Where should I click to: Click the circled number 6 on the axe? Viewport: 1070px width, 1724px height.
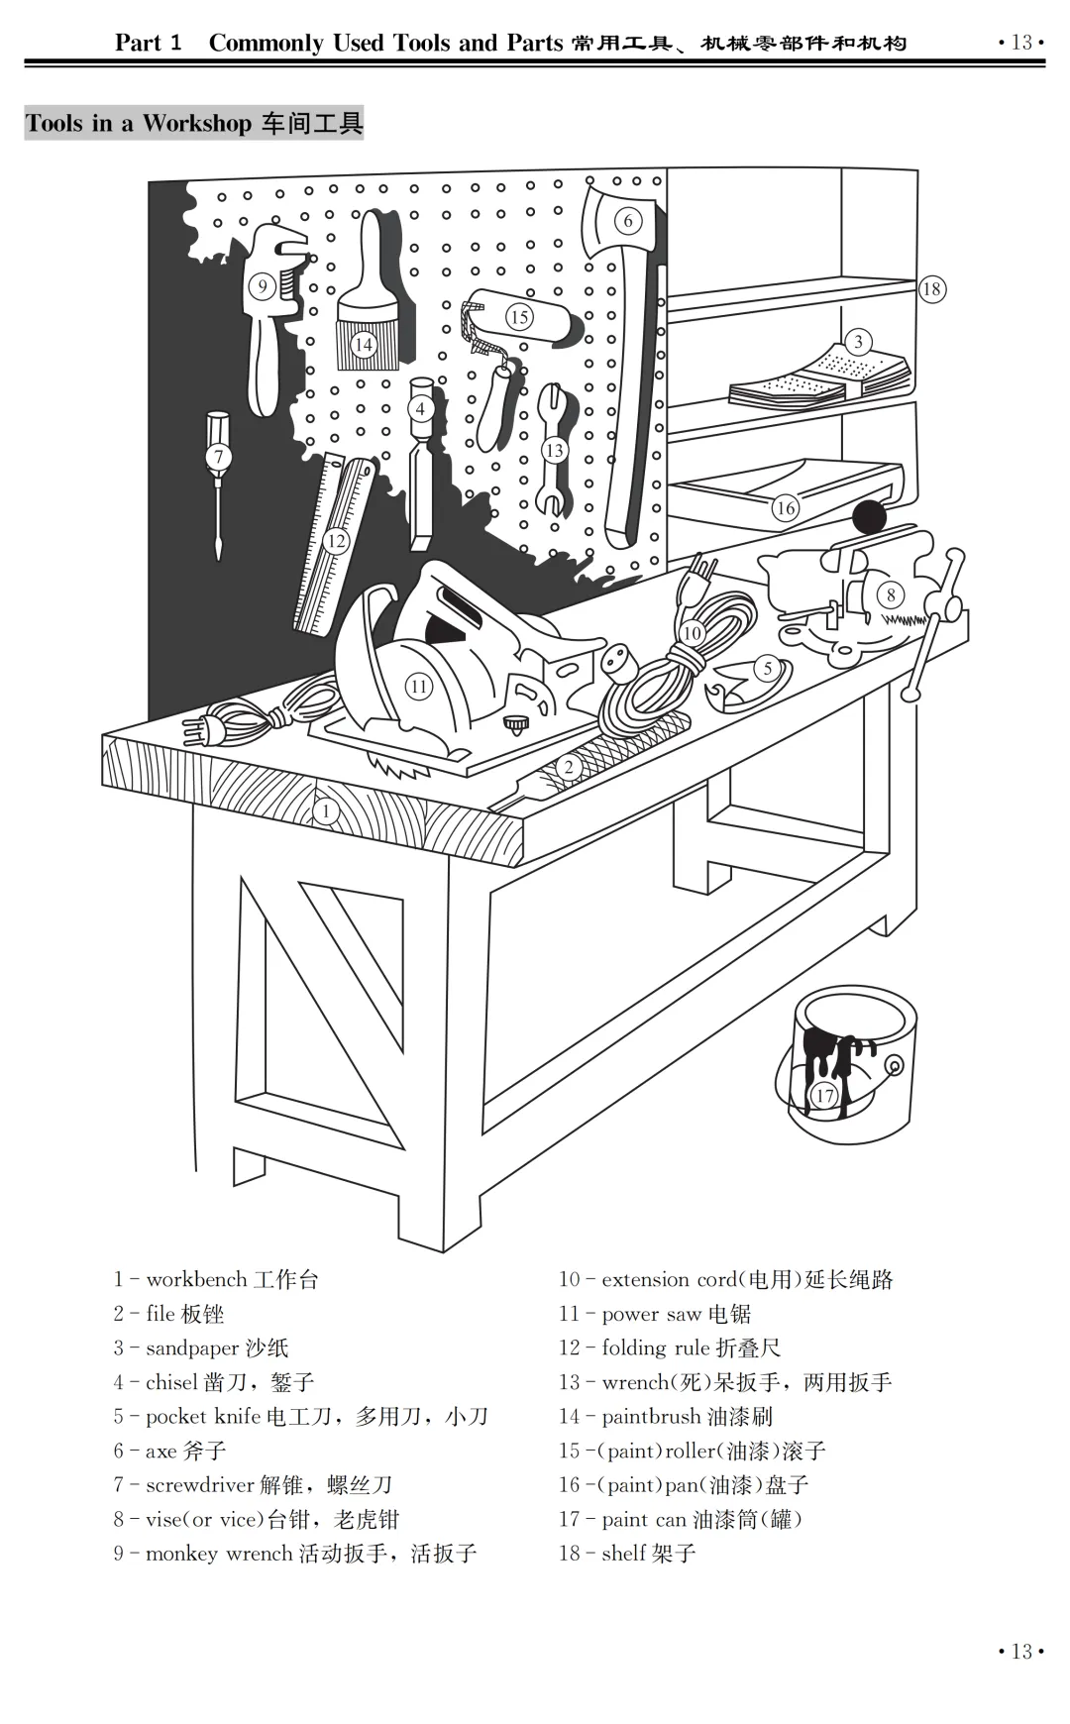coord(627,221)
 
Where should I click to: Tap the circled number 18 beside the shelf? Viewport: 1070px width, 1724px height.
coord(931,289)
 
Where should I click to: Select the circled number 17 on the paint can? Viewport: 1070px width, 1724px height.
coord(824,1095)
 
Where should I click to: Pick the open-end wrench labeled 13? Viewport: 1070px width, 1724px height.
coord(554,451)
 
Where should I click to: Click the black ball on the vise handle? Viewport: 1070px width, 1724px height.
coord(869,517)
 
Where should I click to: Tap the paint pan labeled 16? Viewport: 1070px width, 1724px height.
coord(783,490)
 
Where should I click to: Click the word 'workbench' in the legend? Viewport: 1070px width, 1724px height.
coord(194,1280)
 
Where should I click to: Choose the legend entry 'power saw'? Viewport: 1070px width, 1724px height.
coord(651,1315)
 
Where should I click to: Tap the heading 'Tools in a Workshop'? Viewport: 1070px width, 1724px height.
coord(139,124)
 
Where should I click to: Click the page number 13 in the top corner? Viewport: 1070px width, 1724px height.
coord(1020,43)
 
